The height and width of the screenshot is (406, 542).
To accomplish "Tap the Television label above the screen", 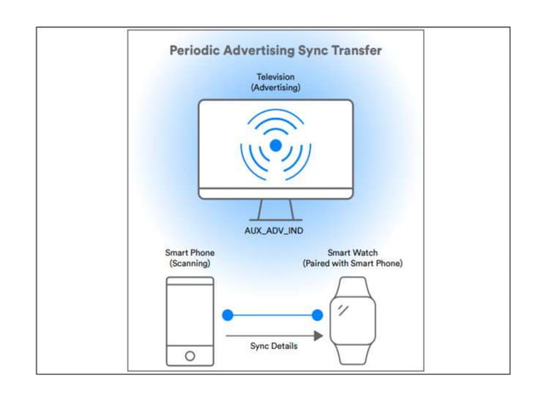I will pos(276,77).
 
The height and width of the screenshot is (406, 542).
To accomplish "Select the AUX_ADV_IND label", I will pos(276,230).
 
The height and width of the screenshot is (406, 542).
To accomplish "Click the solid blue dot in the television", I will pos(276,146).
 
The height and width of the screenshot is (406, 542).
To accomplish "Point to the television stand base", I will pos(276,218).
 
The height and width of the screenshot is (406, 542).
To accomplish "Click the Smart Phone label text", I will pos(189,253).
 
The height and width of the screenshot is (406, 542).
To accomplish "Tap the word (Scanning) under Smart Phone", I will pos(189,264).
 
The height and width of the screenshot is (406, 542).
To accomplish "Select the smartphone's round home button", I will pos(189,356).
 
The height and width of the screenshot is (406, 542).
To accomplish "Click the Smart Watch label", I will pos(352,253).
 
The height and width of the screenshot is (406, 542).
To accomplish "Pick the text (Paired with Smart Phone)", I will pos(352,264).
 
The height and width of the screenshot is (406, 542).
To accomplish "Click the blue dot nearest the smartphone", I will pos(228,315).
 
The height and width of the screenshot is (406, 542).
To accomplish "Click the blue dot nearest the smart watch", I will pos(318,315).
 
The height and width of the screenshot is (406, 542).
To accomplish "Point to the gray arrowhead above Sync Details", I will pos(318,336).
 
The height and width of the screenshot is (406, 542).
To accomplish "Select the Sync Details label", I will pos(274,347).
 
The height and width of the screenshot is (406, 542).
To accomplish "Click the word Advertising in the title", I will pos(260,51).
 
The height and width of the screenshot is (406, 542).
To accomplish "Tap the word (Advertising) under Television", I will pos(276,87).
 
